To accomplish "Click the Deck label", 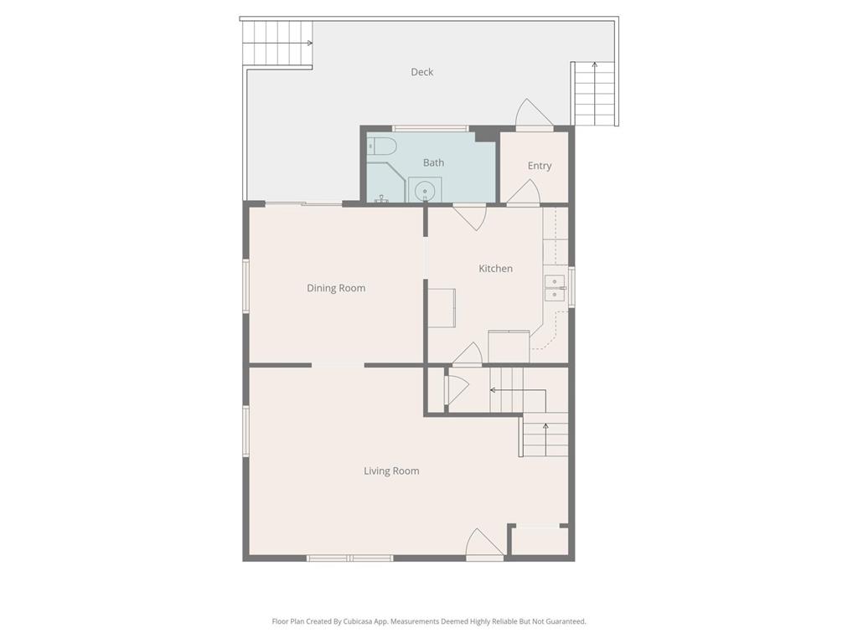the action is pyautogui.click(x=422, y=72).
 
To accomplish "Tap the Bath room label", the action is pyautogui.click(x=433, y=163).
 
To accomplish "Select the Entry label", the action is pyautogui.click(x=540, y=166).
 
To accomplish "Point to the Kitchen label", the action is pyautogui.click(x=496, y=269).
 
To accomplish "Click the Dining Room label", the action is pyautogui.click(x=336, y=288).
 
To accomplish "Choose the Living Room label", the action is pyautogui.click(x=392, y=471).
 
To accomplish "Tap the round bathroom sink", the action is pyautogui.click(x=425, y=191).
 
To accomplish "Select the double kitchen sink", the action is pyautogui.click(x=555, y=288).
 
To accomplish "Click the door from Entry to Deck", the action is pyautogui.click(x=535, y=114).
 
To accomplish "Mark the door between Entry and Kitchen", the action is pyautogui.click(x=524, y=193).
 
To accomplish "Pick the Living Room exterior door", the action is pyautogui.click(x=484, y=544).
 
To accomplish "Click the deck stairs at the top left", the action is pyautogui.click(x=277, y=44).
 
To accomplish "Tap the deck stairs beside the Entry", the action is pyautogui.click(x=594, y=94).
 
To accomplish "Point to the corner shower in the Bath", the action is pyautogui.click(x=385, y=182).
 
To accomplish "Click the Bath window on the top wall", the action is pyautogui.click(x=430, y=129).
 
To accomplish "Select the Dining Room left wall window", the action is pyautogui.click(x=246, y=286).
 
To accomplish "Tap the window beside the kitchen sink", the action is pyautogui.click(x=571, y=286).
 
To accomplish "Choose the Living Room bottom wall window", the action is pyautogui.click(x=349, y=558).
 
